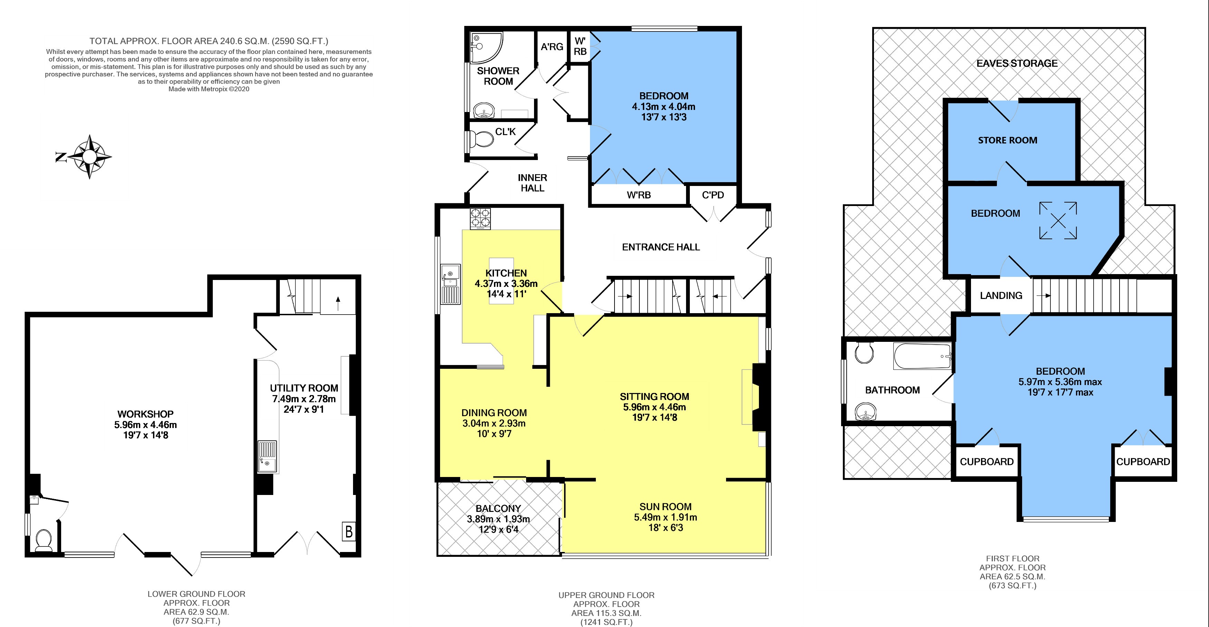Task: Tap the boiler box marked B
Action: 349,531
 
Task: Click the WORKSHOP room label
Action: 145,414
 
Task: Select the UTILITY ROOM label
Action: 304,388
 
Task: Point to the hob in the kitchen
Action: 480,219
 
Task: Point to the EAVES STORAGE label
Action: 1017,63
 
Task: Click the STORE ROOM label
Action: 1008,140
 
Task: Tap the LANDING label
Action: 1001,296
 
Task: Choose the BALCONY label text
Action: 498,508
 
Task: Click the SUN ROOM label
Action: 666,507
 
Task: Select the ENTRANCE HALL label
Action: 661,247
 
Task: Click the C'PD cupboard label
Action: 713,195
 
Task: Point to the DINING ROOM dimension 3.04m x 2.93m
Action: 494,423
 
